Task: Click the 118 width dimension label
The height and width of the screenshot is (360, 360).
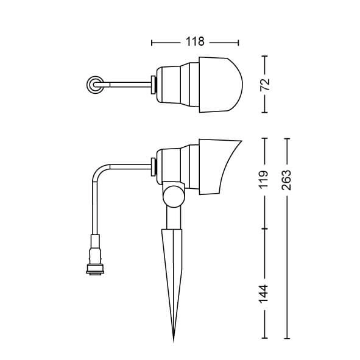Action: pos(194,43)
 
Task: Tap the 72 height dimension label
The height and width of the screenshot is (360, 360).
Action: pos(264,84)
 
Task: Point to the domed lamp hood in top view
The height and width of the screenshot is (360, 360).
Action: pos(221,85)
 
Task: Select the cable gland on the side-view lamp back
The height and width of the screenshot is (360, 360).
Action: pos(154,165)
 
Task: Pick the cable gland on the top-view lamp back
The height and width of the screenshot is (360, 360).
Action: pos(154,85)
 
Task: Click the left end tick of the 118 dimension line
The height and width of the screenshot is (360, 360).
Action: pos(152,43)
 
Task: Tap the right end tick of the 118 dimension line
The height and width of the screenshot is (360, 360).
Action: pos(238,43)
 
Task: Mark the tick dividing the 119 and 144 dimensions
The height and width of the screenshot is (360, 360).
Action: pos(264,228)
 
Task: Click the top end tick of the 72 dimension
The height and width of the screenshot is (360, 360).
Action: pos(264,56)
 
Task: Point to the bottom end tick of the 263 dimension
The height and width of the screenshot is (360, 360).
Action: pos(287,339)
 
